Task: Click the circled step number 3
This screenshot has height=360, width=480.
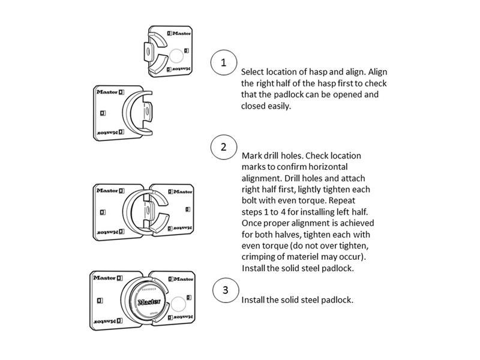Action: click(225, 290)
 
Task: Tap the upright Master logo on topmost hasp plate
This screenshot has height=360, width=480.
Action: click(178, 34)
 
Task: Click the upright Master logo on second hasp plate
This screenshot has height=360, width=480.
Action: click(109, 93)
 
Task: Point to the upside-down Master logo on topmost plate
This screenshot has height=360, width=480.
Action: click(179, 70)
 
